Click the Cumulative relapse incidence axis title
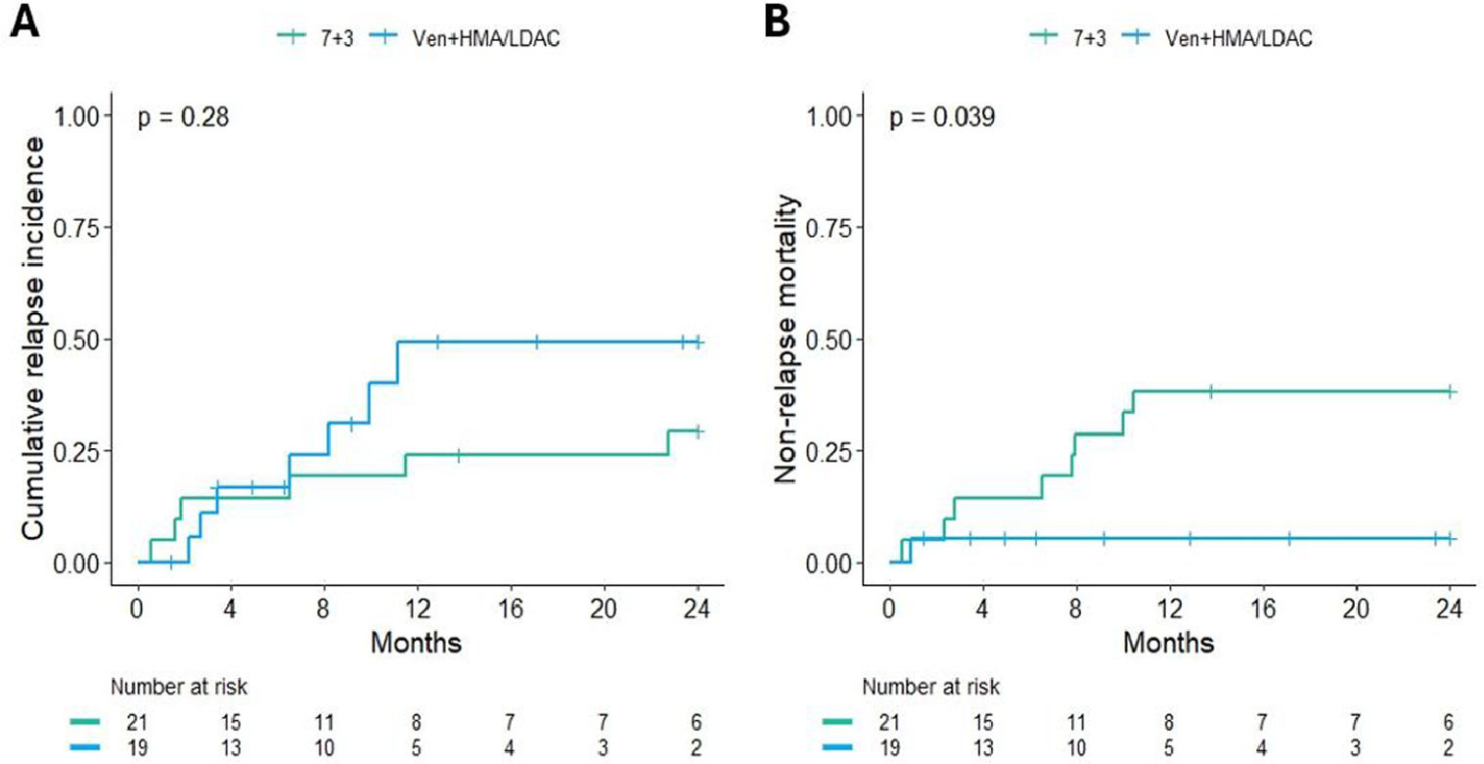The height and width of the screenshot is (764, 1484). (36, 338)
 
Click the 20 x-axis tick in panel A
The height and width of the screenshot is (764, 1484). (605, 607)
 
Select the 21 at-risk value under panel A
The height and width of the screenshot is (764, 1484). (137, 723)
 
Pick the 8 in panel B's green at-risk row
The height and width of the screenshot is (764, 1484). (1169, 723)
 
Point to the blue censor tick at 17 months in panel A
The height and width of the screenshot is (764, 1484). (537, 342)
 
